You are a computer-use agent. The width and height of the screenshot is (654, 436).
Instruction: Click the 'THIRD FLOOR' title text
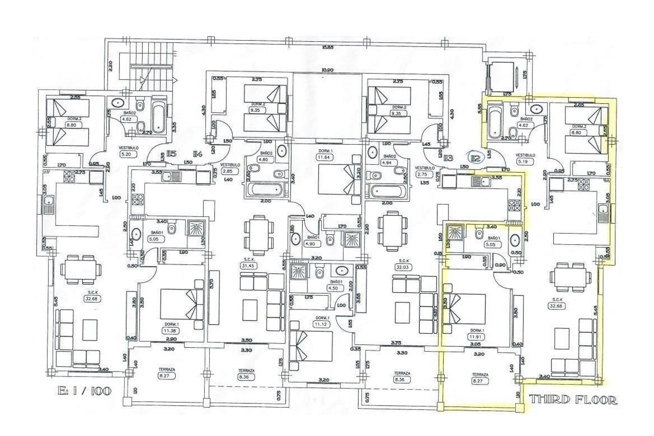point(573,400)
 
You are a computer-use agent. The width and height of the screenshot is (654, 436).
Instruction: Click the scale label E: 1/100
point(84,391)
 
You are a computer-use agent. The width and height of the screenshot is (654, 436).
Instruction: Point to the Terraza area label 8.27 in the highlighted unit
point(480,381)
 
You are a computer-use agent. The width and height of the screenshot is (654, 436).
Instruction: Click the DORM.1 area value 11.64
point(324,157)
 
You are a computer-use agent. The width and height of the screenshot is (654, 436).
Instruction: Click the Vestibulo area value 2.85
point(228,171)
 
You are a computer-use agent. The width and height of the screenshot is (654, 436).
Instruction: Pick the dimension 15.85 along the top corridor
point(327,47)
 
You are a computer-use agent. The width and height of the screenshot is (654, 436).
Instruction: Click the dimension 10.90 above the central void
point(327,70)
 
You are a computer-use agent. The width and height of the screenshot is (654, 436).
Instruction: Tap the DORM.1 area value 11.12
point(321,324)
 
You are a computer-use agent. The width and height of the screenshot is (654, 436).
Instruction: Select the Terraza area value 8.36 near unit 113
point(401,379)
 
